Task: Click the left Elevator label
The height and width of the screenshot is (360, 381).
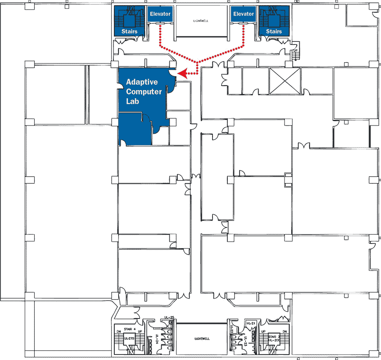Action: tap(160, 14)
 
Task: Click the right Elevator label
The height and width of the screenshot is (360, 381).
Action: tap(243, 14)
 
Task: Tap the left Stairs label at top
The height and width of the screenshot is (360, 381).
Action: tap(129, 31)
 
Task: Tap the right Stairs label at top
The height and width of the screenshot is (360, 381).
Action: tap(274, 31)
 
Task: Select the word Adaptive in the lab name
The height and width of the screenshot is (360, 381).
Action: tap(142, 82)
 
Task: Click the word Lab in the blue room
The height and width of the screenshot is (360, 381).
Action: tap(133, 102)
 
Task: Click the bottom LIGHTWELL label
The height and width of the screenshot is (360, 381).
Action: tap(202, 339)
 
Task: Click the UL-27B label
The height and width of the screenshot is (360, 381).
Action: tap(129, 339)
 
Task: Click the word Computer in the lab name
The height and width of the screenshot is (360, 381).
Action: tap(144, 92)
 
